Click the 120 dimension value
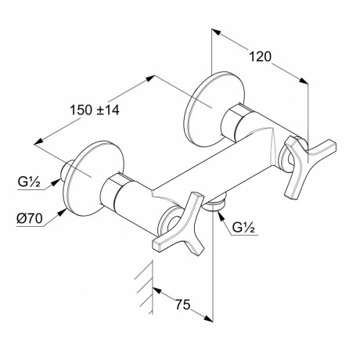pyautogui.click(x=261, y=56)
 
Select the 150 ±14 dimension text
pyautogui.click(x=95, y=110)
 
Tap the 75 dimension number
pyautogui.click(x=182, y=304)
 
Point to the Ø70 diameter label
pyautogui.click(x=30, y=218)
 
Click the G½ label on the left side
pyautogui.click(x=29, y=182)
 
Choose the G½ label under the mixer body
pyautogui.click(x=243, y=228)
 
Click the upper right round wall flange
pyautogui.click(x=214, y=110)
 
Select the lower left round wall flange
pyautogui.click(x=93, y=178)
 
